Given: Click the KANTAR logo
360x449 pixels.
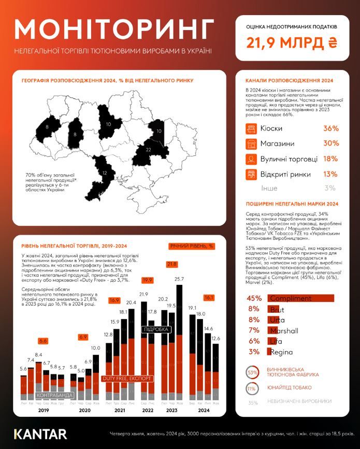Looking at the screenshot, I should click(x=40, y=433).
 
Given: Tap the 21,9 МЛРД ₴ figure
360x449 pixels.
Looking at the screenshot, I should click(x=293, y=42).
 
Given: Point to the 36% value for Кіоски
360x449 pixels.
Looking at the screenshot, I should click(x=330, y=128).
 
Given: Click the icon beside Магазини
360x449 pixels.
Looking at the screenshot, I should click(x=251, y=143).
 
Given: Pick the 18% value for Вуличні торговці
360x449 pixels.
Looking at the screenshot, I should click(x=330, y=158).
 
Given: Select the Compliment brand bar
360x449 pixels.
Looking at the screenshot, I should click(x=300, y=298).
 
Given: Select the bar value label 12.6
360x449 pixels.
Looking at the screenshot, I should click(x=216, y=339).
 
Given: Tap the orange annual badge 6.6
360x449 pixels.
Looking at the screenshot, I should click(x=43, y=341).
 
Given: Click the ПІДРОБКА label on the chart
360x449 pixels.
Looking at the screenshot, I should click(x=156, y=329).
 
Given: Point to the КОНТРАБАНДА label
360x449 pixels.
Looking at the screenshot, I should click(x=54, y=395).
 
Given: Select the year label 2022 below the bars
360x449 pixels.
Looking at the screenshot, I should click(x=148, y=410).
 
